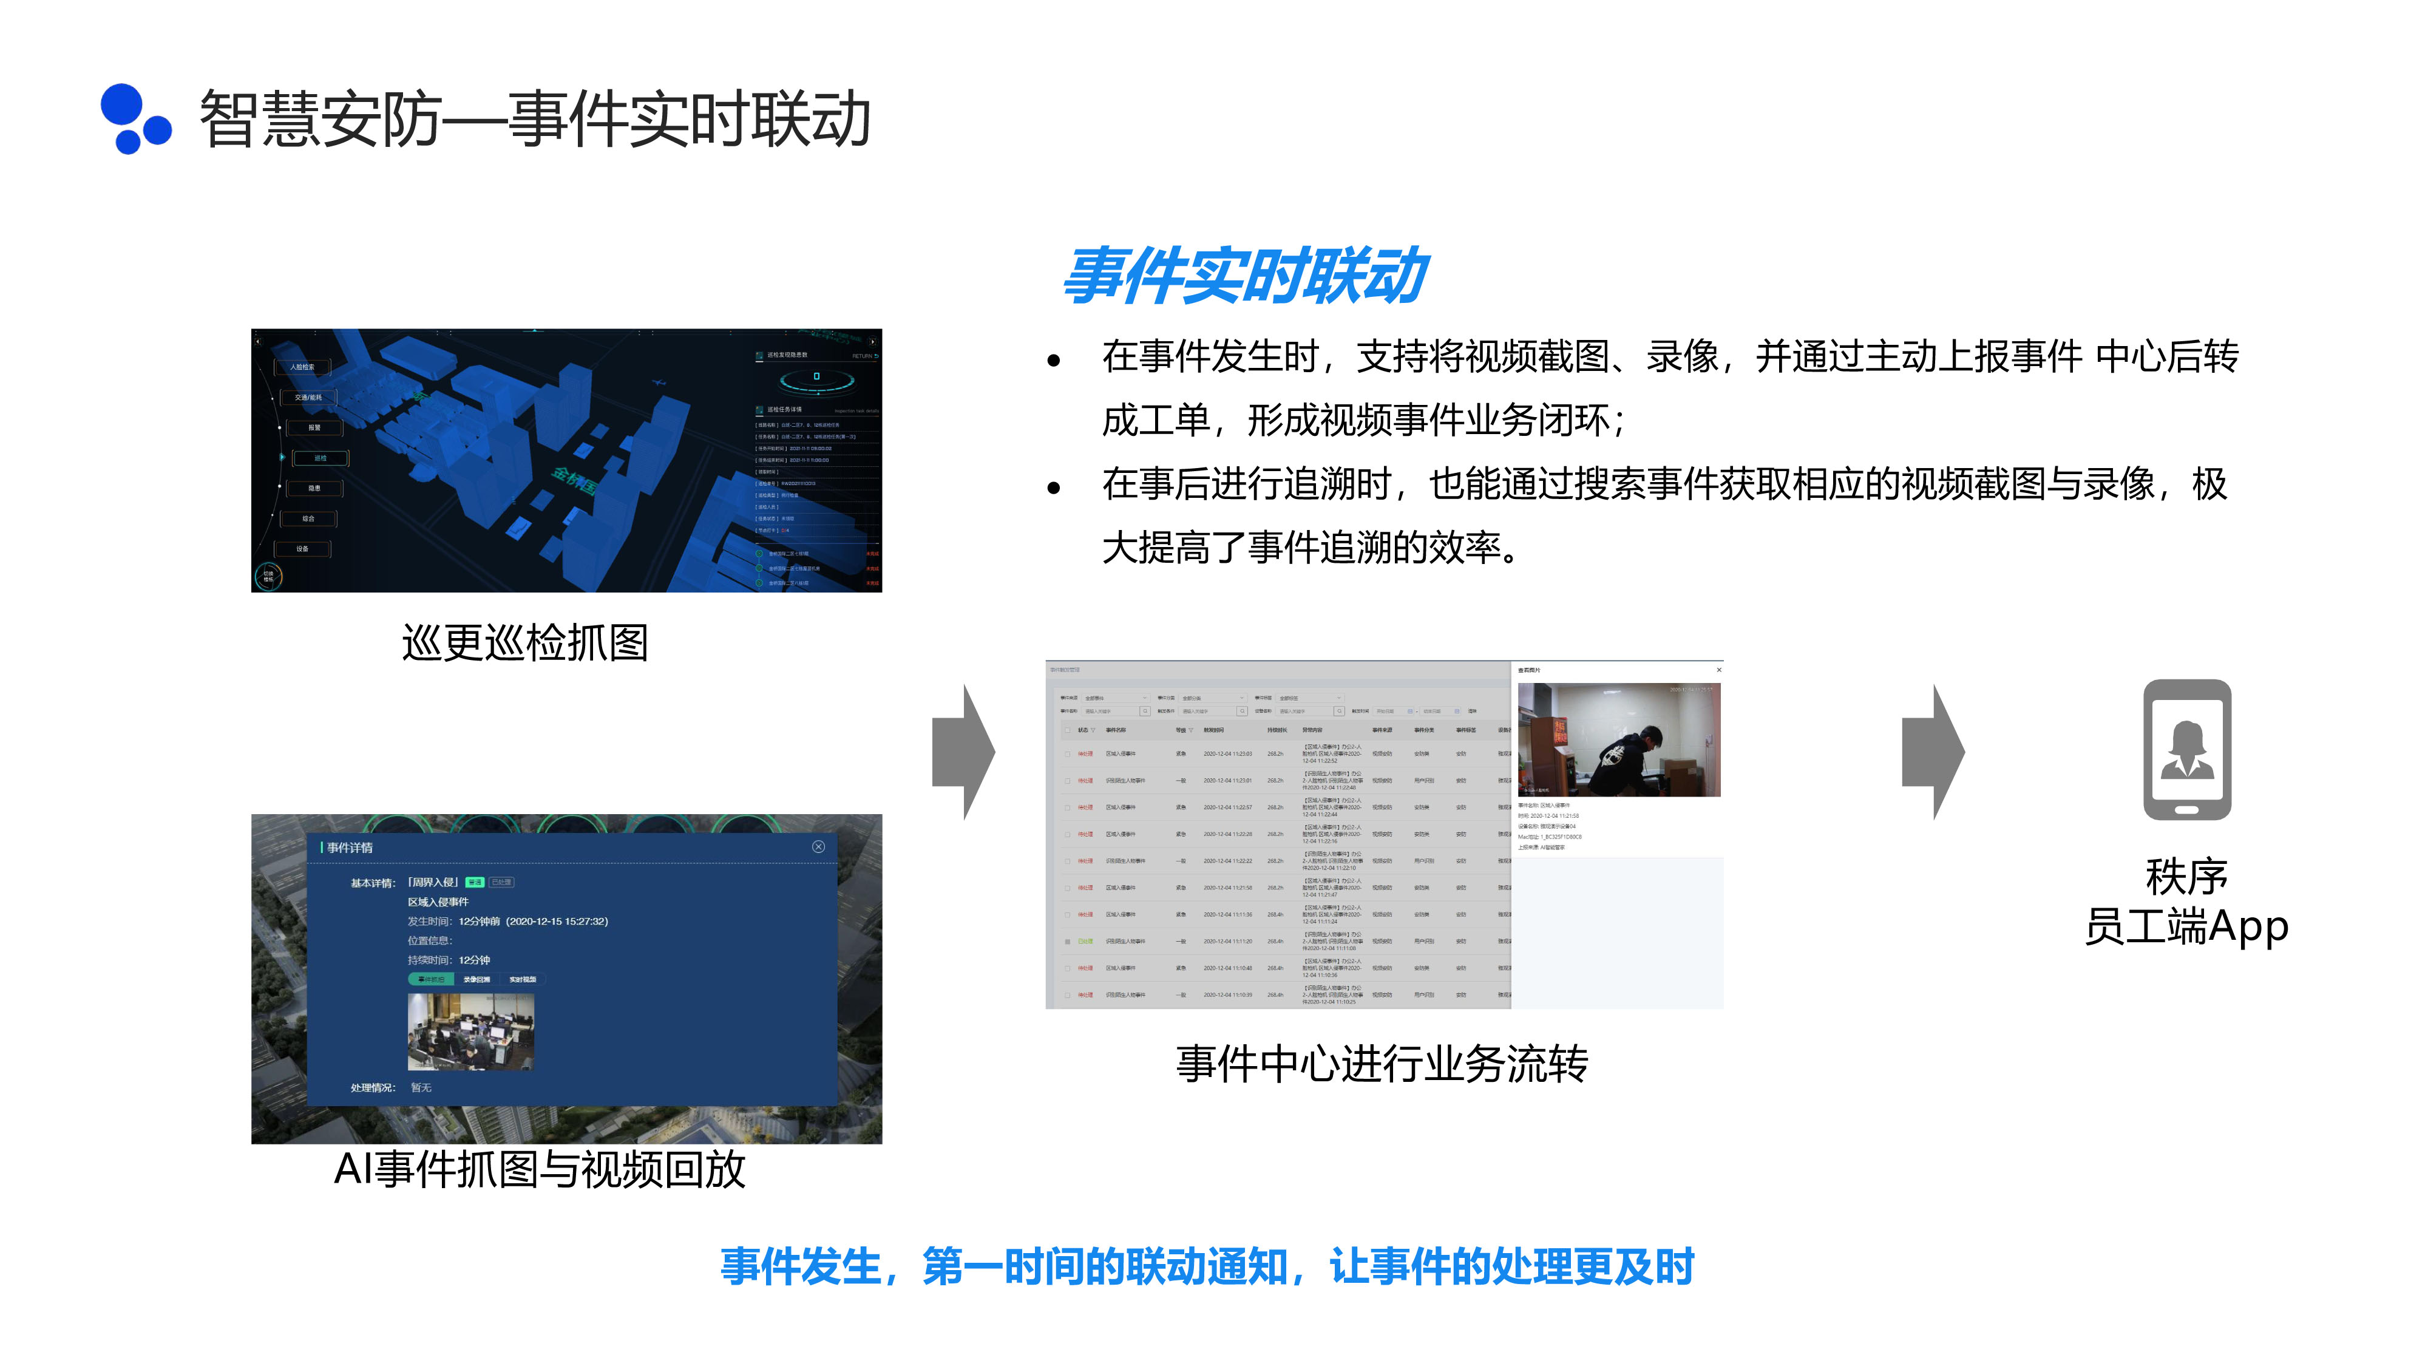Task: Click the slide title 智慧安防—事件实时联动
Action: click(x=534, y=120)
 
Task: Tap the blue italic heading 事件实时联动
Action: click(x=1244, y=276)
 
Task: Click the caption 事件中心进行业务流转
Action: click(x=1382, y=1064)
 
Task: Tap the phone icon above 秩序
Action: click(x=2186, y=749)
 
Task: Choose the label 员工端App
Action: click(x=2186, y=926)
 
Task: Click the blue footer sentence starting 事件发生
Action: click(x=1207, y=1266)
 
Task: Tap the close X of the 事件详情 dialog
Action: click(x=818, y=846)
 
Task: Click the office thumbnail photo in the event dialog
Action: click(x=470, y=1031)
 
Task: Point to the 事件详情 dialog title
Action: click(x=350, y=848)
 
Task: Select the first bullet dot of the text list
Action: click(x=1054, y=359)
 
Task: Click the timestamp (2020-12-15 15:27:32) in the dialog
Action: click(x=557, y=921)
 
